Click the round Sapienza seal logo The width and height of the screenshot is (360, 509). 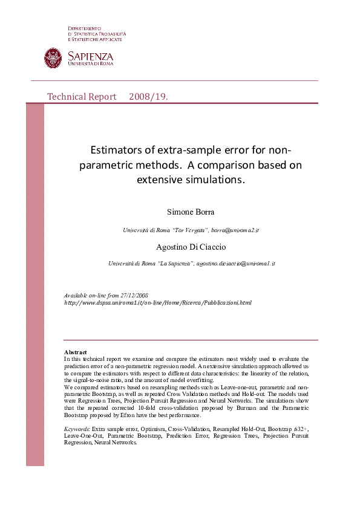[53, 58]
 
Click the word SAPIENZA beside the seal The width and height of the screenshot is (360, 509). [90, 56]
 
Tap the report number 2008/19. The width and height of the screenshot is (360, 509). [148, 97]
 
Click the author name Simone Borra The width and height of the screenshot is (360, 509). [191, 212]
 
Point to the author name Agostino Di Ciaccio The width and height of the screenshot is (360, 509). [191, 247]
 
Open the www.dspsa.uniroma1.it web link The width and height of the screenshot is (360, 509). [157, 302]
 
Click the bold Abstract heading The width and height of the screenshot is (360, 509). [75, 352]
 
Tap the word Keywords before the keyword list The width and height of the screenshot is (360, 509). [76, 428]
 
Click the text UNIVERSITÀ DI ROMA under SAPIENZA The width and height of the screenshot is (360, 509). [90, 63]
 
